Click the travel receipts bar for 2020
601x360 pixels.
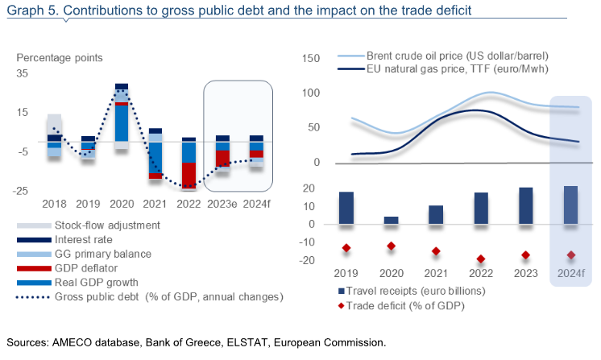coord(391,220)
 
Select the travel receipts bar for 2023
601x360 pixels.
coord(526,205)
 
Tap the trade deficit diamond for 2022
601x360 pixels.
coord(481,259)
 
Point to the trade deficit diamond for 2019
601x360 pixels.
coord(346,248)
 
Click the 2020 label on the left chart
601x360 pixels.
coord(122,204)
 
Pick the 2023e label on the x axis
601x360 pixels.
coord(222,204)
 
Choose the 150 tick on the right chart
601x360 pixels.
coord(310,58)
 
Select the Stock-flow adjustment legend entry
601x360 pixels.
coord(88,226)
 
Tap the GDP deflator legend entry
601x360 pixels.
coord(67,268)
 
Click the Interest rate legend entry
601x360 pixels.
coord(64,240)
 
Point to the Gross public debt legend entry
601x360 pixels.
coord(150,297)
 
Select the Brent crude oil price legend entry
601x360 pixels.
coord(443,56)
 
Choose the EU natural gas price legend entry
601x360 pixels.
coord(443,69)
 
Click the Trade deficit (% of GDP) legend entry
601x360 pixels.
coord(401,305)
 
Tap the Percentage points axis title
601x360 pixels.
coord(60,58)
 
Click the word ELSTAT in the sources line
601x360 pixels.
coord(247,342)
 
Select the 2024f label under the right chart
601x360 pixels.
coord(571,273)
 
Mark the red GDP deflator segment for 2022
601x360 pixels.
coord(189,176)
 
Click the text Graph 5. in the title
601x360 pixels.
coord(33,10)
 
